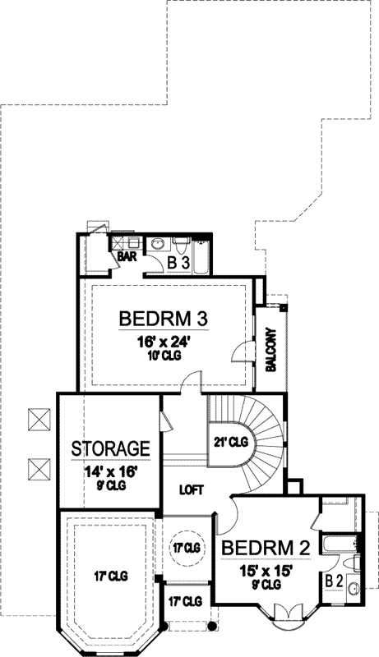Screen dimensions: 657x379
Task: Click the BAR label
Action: click(x=126, y=256)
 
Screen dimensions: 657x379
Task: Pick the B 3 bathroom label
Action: click(x=178, y=264)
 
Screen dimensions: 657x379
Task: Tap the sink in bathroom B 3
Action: click(x=157, y=244)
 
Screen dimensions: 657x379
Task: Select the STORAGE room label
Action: click(x=110, y=448)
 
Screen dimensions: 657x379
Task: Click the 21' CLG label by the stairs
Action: click(x=229, y=442)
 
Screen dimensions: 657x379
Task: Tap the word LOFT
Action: click(x=192, y=490)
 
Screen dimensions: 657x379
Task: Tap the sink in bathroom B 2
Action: click(x=352, y=590)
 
